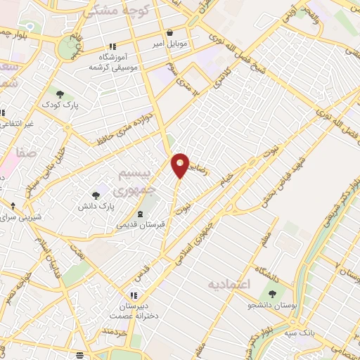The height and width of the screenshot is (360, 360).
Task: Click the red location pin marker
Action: point(181,165)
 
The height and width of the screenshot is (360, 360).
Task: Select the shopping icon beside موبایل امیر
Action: point(170,32)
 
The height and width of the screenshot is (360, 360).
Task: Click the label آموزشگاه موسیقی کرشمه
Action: point(112,61)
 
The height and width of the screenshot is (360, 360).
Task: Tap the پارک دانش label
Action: point(96,207)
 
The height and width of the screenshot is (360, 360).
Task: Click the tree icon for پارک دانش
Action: point(96,195)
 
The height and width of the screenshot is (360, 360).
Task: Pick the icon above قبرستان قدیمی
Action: point(140,213)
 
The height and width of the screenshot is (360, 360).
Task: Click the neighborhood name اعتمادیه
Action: point(230,285)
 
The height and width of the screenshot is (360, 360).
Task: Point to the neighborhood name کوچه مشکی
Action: point(105,11)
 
